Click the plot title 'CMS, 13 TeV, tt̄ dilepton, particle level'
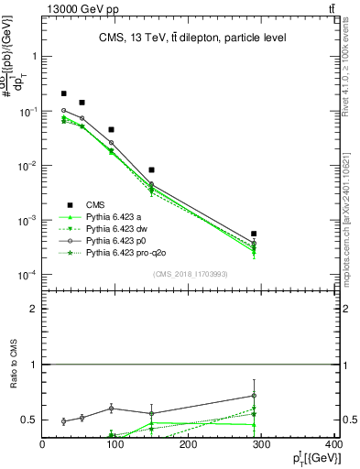coord(193,38)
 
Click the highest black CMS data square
coord(64,93)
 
